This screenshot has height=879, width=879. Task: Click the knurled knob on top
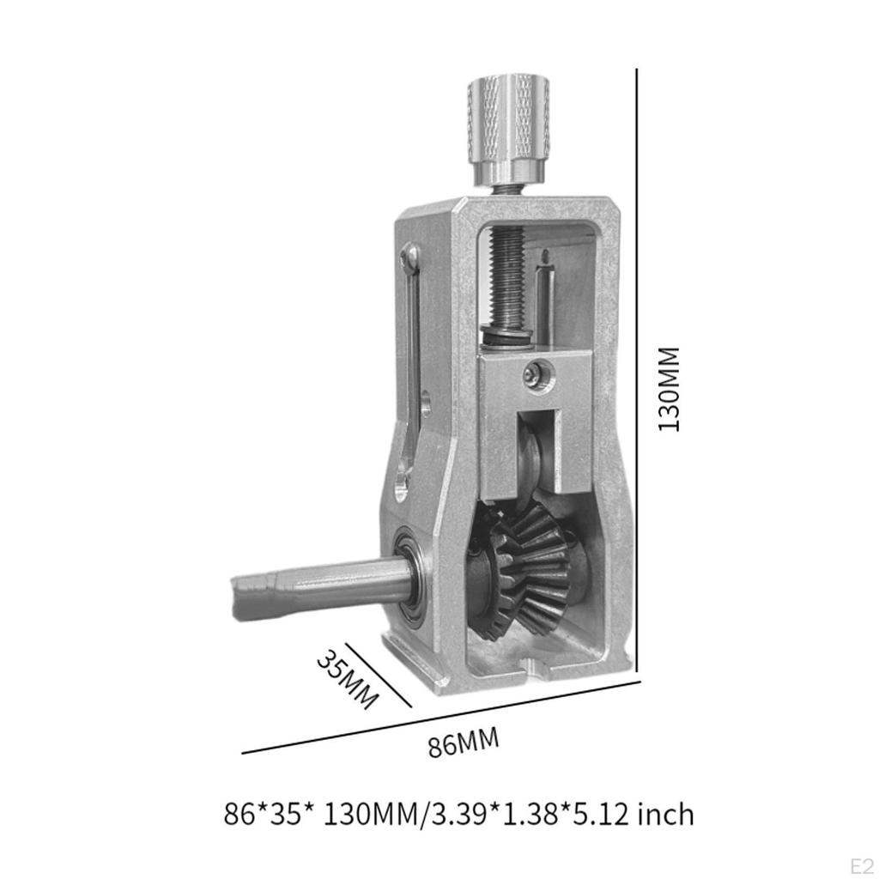508,120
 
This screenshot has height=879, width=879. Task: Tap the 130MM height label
669,388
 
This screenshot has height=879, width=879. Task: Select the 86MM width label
464,743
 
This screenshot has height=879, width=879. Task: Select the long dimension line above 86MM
442,717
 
